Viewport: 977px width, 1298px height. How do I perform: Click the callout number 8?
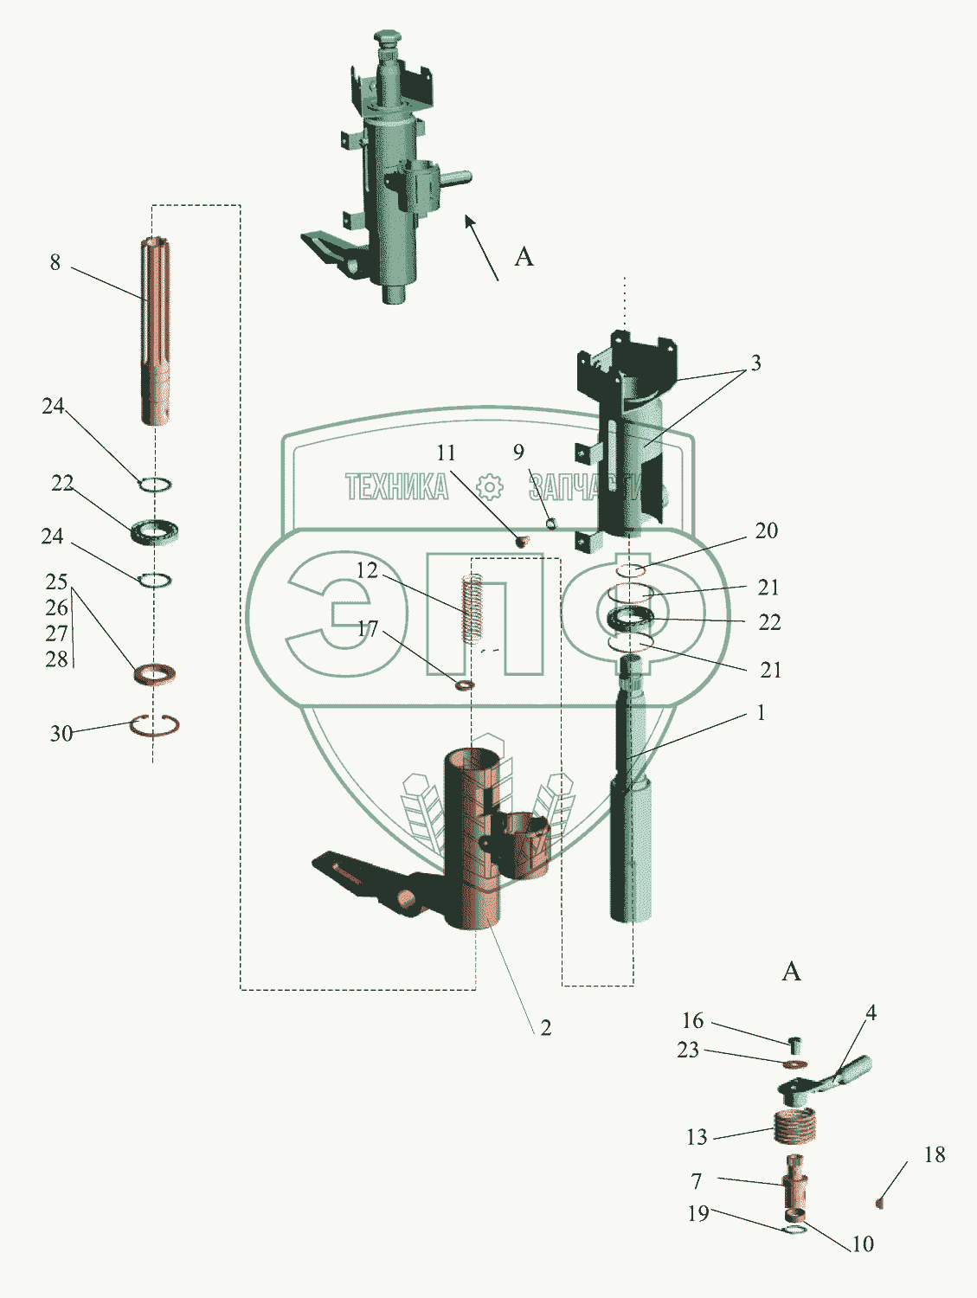(x=55, y=262)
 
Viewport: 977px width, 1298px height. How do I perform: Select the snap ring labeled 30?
(x=155, y=725)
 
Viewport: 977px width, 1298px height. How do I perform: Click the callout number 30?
(x=61, y=733)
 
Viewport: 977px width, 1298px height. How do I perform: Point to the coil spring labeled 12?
(x=472, y=608)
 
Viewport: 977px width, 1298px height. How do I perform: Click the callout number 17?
(x=367, y=628)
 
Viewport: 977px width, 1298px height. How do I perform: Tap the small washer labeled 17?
(x=465, y=685)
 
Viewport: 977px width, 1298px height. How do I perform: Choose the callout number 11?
(x=446, y=453)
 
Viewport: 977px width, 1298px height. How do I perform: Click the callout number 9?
(x=518, y=452)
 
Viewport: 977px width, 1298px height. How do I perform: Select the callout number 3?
(x=755, y=363)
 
